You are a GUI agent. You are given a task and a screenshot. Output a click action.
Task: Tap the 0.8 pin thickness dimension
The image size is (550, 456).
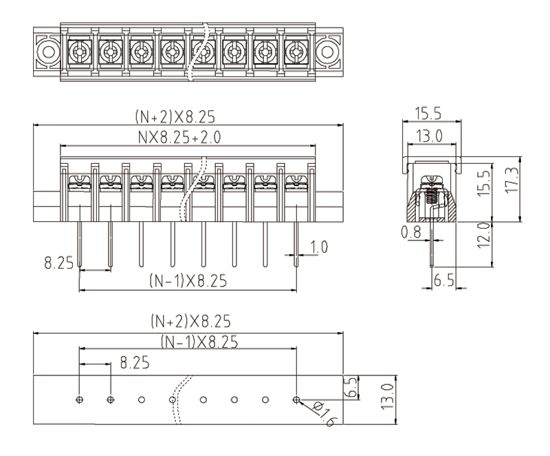(x=411, y=234)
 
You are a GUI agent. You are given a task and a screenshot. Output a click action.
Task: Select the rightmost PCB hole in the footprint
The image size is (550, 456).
(x=296, y=400)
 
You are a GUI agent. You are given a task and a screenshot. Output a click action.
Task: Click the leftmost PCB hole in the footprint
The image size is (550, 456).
(x=80, y=400)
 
